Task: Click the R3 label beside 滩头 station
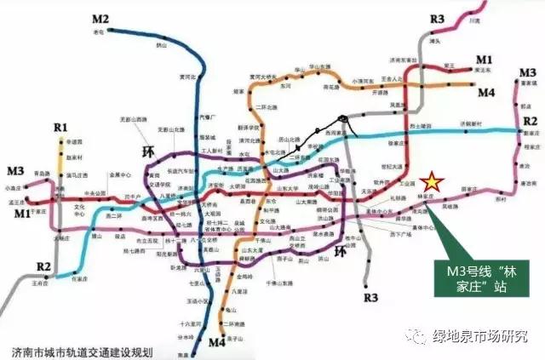(438, 19)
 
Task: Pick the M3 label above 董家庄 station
(527, 73)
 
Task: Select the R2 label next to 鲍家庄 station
(530, 121)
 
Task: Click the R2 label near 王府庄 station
(43, 268)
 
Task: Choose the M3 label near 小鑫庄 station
(15, 171)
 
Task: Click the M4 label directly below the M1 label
(486, 92)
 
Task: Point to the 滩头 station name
(434, 39)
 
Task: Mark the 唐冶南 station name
(529, 182)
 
